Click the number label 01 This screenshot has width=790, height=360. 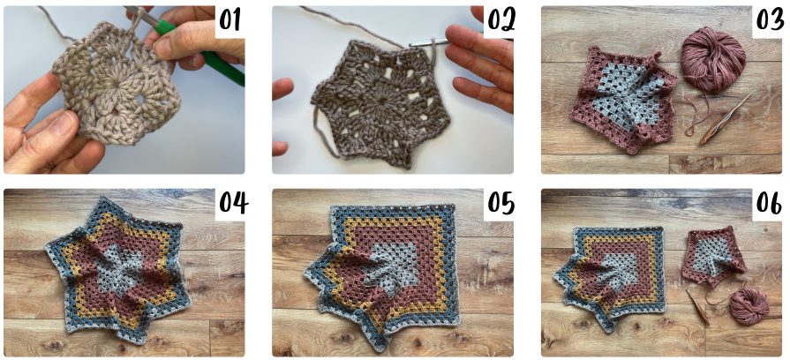click(229, 19)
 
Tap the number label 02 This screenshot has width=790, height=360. click(500, 19)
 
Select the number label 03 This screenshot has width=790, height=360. click(770, 19)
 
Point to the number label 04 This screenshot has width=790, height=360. click(233, 203)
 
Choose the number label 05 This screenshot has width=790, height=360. click(500, 203)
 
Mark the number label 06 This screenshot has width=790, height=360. click(770, 203)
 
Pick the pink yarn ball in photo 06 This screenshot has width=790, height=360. click(749, 305)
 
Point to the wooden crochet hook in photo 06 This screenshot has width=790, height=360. click(697, 307)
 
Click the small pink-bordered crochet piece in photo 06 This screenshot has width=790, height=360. click(712, 256)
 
